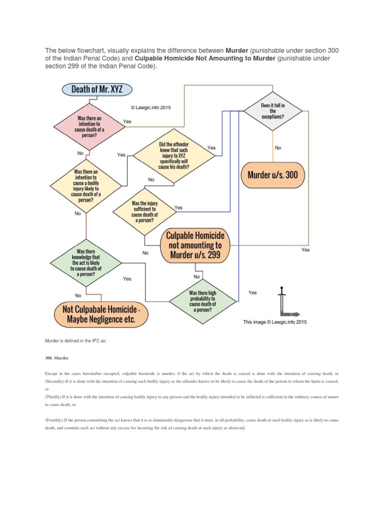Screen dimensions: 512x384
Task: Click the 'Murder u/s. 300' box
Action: click(272, 175)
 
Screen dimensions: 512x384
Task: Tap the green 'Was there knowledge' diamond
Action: click(86, 262)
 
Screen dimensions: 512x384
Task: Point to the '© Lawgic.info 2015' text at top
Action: click(150, 107)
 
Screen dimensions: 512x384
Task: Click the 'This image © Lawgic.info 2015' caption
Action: click(275, 322)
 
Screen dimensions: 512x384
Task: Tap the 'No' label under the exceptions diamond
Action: click(278, 148)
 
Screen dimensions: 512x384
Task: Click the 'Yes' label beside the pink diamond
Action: click(127, 121)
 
